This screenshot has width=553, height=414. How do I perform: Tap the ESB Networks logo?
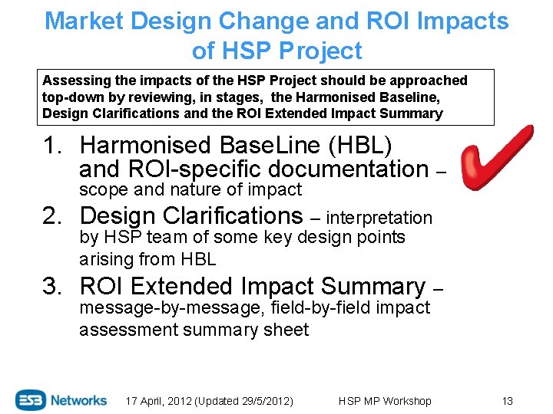point(61,399)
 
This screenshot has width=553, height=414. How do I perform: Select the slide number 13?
point(507,401)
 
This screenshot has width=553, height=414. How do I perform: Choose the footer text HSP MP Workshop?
point(384,401)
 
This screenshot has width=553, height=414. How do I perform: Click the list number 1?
point(53,145)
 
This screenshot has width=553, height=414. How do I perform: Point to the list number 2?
point(53,216)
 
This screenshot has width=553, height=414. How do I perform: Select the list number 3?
point(53,287)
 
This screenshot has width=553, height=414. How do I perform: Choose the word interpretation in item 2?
point(379,219)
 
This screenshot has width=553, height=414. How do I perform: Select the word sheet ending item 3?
point(286,330)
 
